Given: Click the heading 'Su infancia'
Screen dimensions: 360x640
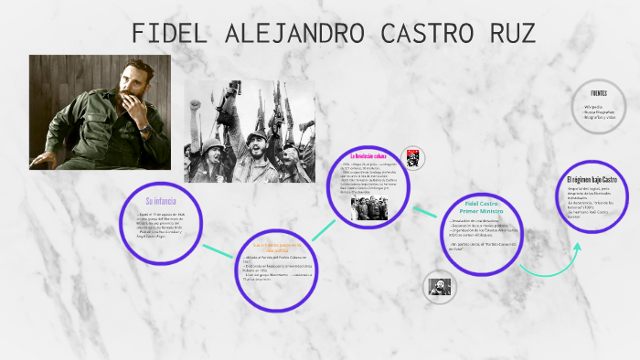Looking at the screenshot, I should [161, 200].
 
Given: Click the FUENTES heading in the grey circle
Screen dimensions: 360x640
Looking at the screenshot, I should [599, 92].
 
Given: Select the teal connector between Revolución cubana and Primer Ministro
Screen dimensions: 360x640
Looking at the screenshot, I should [424, 211].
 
